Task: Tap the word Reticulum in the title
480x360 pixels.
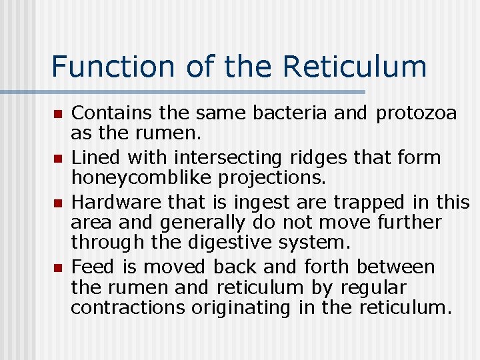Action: pos(355,67)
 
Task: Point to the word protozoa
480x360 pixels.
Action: pos(417,114)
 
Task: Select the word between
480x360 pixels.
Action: pos(396,267)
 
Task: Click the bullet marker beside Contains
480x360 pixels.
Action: pos(58,115)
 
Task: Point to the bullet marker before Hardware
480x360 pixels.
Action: pos(58,203)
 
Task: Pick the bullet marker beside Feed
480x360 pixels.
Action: pos(58,268)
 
